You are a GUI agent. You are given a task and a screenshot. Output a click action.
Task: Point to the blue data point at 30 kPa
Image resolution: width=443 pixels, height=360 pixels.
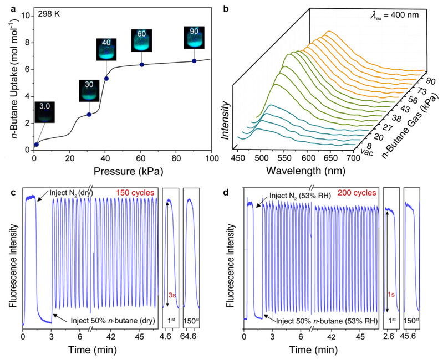tap(89, 115)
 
